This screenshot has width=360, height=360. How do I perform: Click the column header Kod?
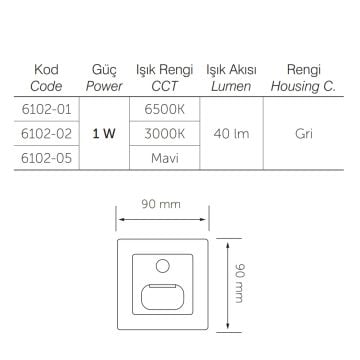click(x=46, y=71)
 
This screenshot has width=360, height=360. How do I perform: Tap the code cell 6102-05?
click(x=46, y=155)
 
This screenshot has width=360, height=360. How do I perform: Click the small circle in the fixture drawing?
click(x=162, y=267)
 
